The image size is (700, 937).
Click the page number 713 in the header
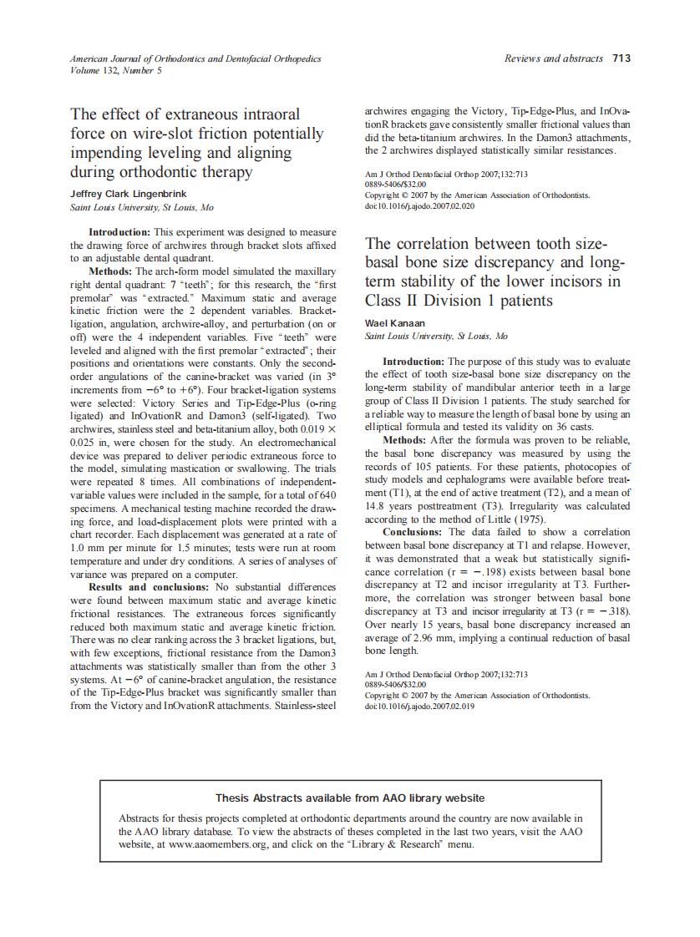[x=621, y=58]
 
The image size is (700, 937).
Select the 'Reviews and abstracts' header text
[x=554, y=58]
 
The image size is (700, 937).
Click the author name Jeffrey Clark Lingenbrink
[x=129, y=194]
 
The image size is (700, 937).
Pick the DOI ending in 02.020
[x=419, y=205]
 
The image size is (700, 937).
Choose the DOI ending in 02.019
[x=419, y=706]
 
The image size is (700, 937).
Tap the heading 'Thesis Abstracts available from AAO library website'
[x=350, y=798]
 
